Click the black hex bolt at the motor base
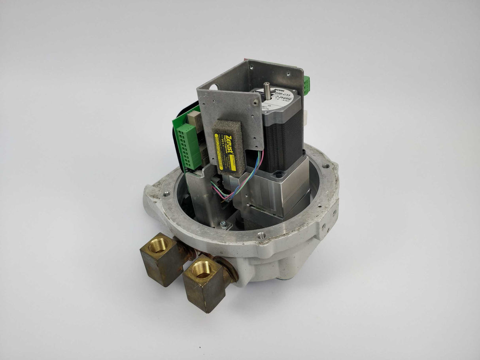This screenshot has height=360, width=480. pos(279,174)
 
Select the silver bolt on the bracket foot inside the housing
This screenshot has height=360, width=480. pos(224,224)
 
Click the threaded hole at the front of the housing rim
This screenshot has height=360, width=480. pos(261,236)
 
